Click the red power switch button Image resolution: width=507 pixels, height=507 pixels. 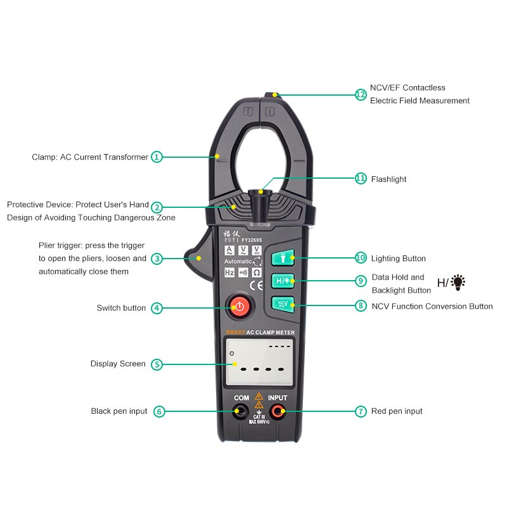[239, 307]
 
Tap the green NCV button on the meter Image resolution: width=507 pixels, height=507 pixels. [283, 304]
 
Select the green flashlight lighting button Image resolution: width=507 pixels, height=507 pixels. [283, 258]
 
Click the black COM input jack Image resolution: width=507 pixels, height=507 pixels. [240, 413]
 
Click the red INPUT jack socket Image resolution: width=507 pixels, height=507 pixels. [277, 413]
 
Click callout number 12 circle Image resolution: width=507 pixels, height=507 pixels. [361, 94]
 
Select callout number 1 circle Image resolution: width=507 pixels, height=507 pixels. [157, 157]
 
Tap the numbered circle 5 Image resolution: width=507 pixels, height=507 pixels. [157, 364]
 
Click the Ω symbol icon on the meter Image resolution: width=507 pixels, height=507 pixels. [257, 273]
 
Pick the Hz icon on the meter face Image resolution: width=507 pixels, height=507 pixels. [229, 273]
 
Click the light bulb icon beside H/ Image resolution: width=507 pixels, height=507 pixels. [458, 282]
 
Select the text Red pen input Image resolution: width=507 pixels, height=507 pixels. [397, 411]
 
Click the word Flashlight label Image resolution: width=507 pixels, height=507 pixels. [388, 179]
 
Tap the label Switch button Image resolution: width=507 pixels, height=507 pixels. [121, 308]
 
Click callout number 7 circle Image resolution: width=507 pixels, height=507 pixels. [361, 411]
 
